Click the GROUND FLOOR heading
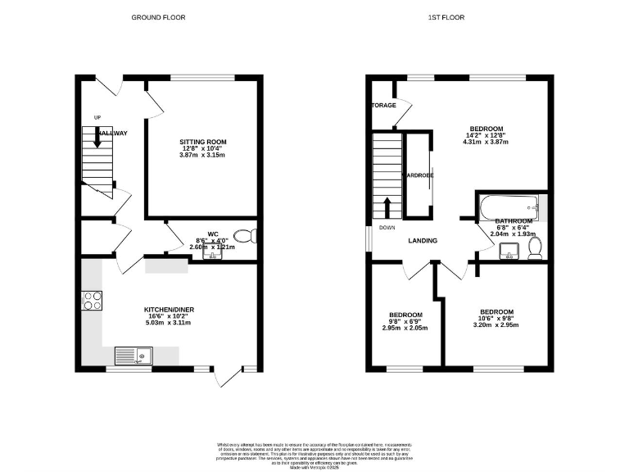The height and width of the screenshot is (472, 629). pos(159,17)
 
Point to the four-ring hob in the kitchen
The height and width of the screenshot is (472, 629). pos(92,301)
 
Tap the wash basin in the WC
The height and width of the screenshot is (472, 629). pos(213,255)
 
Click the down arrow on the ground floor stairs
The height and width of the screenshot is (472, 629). pos(97,139)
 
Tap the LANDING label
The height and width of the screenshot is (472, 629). pos(423,241)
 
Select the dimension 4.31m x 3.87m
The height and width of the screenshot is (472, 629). pos(486,142)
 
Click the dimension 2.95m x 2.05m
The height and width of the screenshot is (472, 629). pos(405,328)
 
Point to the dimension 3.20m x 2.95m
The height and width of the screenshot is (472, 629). pos(496,324)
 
